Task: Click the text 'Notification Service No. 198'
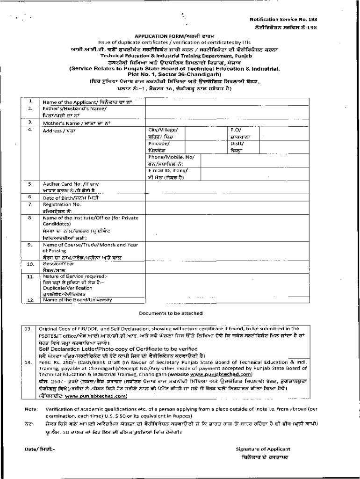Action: (283, 19)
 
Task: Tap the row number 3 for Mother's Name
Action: (29, 122)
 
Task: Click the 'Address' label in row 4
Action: (52, 131)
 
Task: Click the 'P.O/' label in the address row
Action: (236, 129)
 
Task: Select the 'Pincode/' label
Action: (159, 144)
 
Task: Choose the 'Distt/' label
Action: (238, 144)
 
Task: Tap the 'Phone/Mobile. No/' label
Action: (171, 157)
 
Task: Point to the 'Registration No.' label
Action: (62, 204)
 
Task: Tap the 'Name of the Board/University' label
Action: (74, 300)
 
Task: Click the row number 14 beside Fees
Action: (28, 362)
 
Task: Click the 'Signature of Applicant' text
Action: (263, 448)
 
